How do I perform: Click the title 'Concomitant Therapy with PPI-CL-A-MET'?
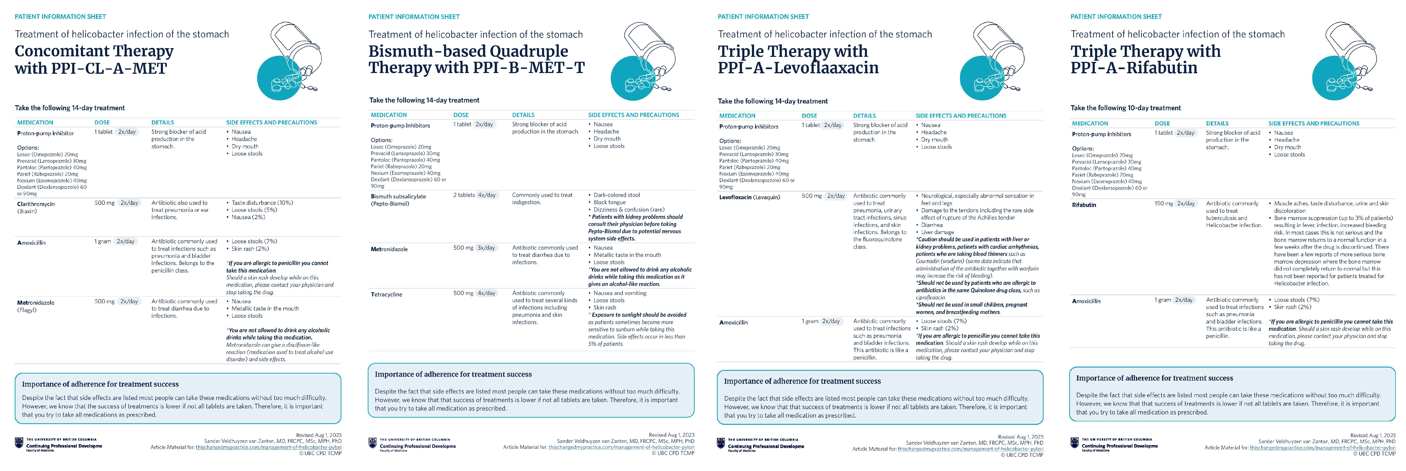click(x=94, y=59)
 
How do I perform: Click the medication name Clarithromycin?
click(x=36, y=204)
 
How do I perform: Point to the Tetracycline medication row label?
click(x=386, y=294)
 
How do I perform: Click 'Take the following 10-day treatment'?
click(x=1125, y=108)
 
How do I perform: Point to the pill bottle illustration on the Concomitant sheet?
click(x=289, y=60)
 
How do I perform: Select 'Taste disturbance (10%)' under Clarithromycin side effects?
click(x=262, y=203)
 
